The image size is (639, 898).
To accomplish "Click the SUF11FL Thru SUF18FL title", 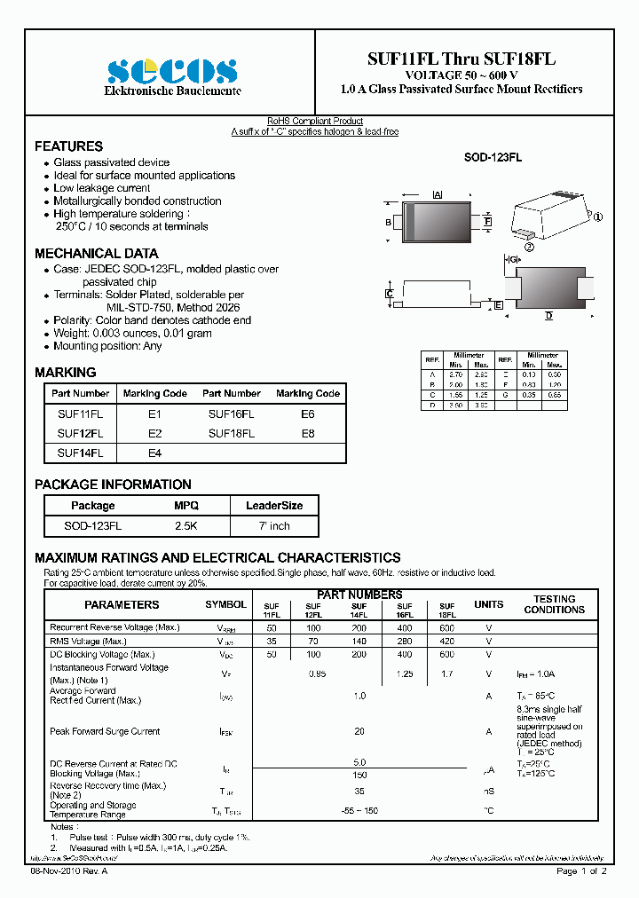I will point(461,59).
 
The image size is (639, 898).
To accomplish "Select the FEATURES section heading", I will point(68,146).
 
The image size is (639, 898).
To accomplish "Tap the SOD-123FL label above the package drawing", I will point(493,157).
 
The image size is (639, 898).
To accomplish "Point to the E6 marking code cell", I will point(307,414).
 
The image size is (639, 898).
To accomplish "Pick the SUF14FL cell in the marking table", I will point(80,453).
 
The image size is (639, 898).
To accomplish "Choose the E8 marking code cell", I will point(307,434).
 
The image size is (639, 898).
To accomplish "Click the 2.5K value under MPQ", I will point(186,526).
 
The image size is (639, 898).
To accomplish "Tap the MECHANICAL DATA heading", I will point(96,253).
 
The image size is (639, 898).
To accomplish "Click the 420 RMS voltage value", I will point(447,641).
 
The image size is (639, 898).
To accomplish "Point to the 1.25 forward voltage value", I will point(405,674).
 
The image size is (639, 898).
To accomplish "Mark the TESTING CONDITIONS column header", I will point(554,604).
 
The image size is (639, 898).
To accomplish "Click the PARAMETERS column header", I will point(122,605).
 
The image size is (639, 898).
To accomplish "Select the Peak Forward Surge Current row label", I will point(105,732).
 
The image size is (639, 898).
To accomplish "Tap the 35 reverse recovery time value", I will point(359,790).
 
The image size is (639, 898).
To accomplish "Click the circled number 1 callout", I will point(597,217).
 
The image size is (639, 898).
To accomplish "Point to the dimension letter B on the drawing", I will point(389,222).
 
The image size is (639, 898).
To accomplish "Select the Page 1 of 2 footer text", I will point(581,871).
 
